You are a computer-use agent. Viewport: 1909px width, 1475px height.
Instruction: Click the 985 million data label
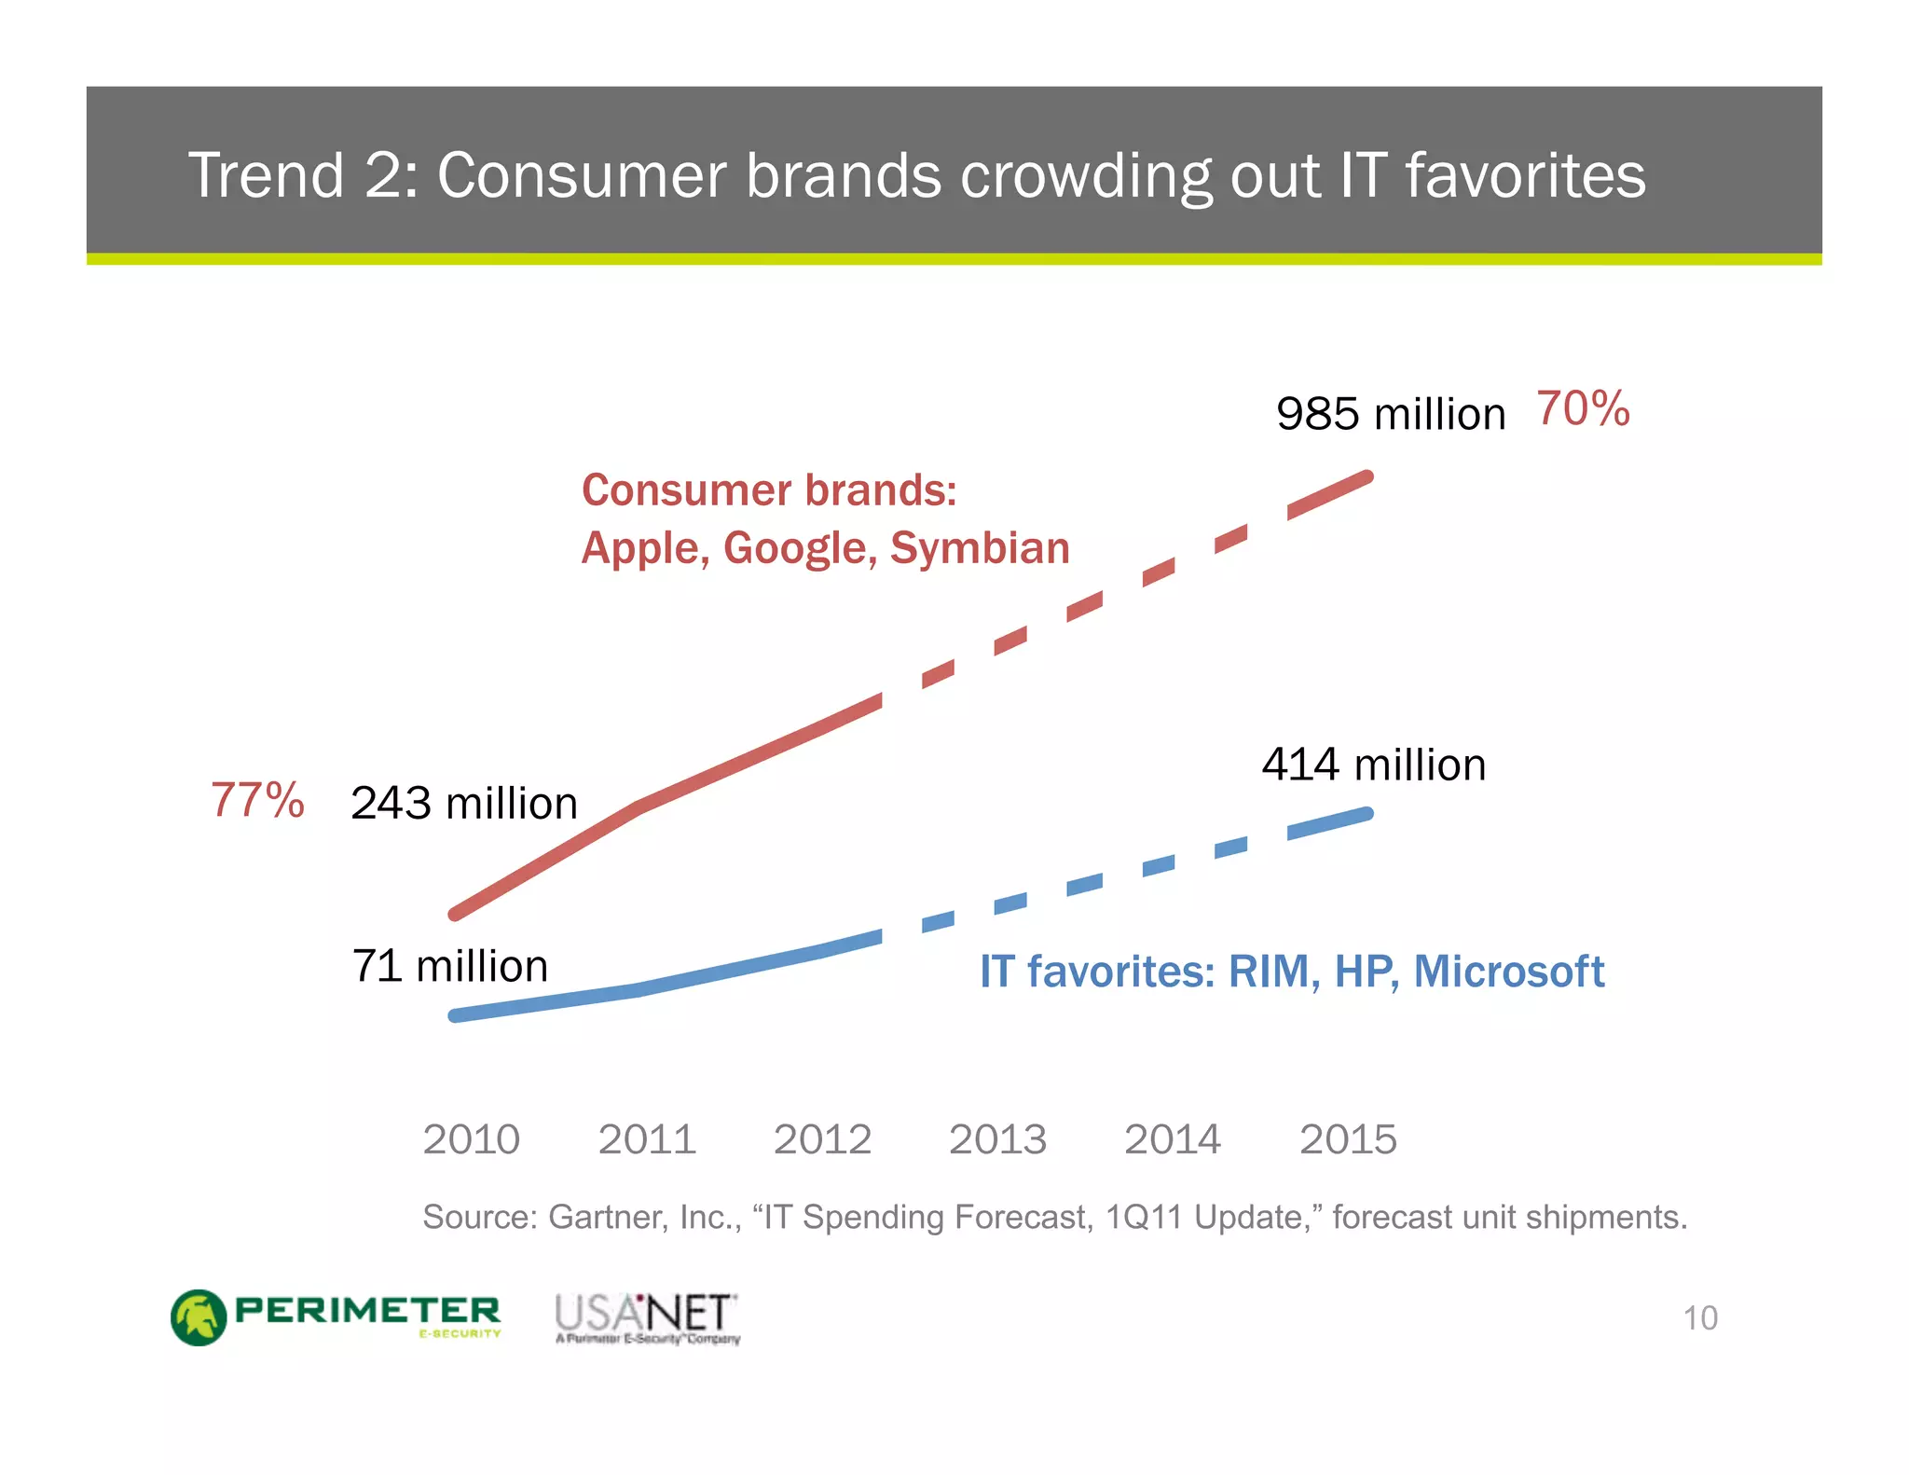pos(1390,414)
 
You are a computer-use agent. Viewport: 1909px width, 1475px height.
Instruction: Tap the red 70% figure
pos(1583,409)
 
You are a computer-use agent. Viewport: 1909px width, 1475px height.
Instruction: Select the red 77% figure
pos(257,800)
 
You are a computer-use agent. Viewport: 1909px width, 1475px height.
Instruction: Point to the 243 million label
pos(464,804)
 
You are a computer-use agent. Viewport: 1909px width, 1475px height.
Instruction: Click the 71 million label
pos(449,966)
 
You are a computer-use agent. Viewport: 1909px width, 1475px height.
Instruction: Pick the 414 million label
pos(1373,765)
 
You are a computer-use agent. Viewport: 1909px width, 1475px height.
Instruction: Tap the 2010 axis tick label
pos(471,1139)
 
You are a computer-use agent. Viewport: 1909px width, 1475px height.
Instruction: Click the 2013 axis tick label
pos(997,1139)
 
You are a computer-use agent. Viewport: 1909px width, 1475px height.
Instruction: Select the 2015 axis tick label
pos(1348,1139)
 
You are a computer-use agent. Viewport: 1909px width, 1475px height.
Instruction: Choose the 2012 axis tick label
pos(822,1139)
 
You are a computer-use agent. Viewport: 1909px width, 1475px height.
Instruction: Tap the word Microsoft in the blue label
pos(1508,972)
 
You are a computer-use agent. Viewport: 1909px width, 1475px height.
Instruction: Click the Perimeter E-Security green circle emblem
pos(199,1317)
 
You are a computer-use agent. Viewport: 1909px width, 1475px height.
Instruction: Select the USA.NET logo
pos(647,1317)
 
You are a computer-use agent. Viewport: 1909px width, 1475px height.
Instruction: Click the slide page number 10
pos(1699,1318)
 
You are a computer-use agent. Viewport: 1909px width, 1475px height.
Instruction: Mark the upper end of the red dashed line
pos(1367,478)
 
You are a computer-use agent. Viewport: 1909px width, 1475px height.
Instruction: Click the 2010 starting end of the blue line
pos(456,1015)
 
